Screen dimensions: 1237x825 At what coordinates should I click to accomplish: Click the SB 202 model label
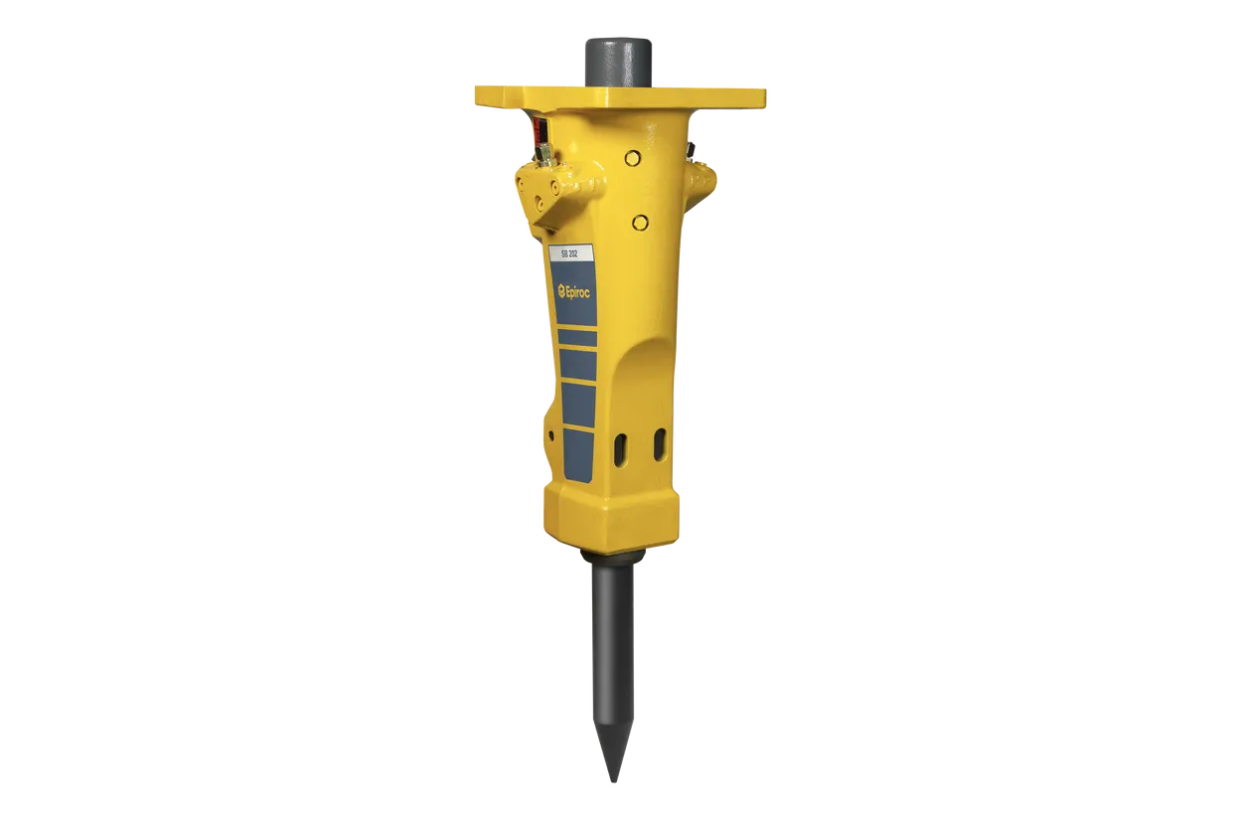pos(568,254)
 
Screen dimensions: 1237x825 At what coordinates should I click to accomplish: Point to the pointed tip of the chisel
pos(612,781)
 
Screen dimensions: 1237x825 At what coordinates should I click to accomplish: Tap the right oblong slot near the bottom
pos(660,445)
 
